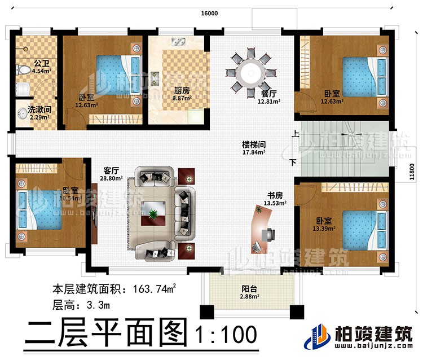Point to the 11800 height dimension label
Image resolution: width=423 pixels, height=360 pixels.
[x=415, y=170]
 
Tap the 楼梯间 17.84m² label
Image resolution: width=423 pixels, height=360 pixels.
[x=253, y=147]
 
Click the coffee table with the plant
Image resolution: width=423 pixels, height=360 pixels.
[x=153, y=214]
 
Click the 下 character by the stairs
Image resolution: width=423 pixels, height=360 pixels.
[x=292, y=163]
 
